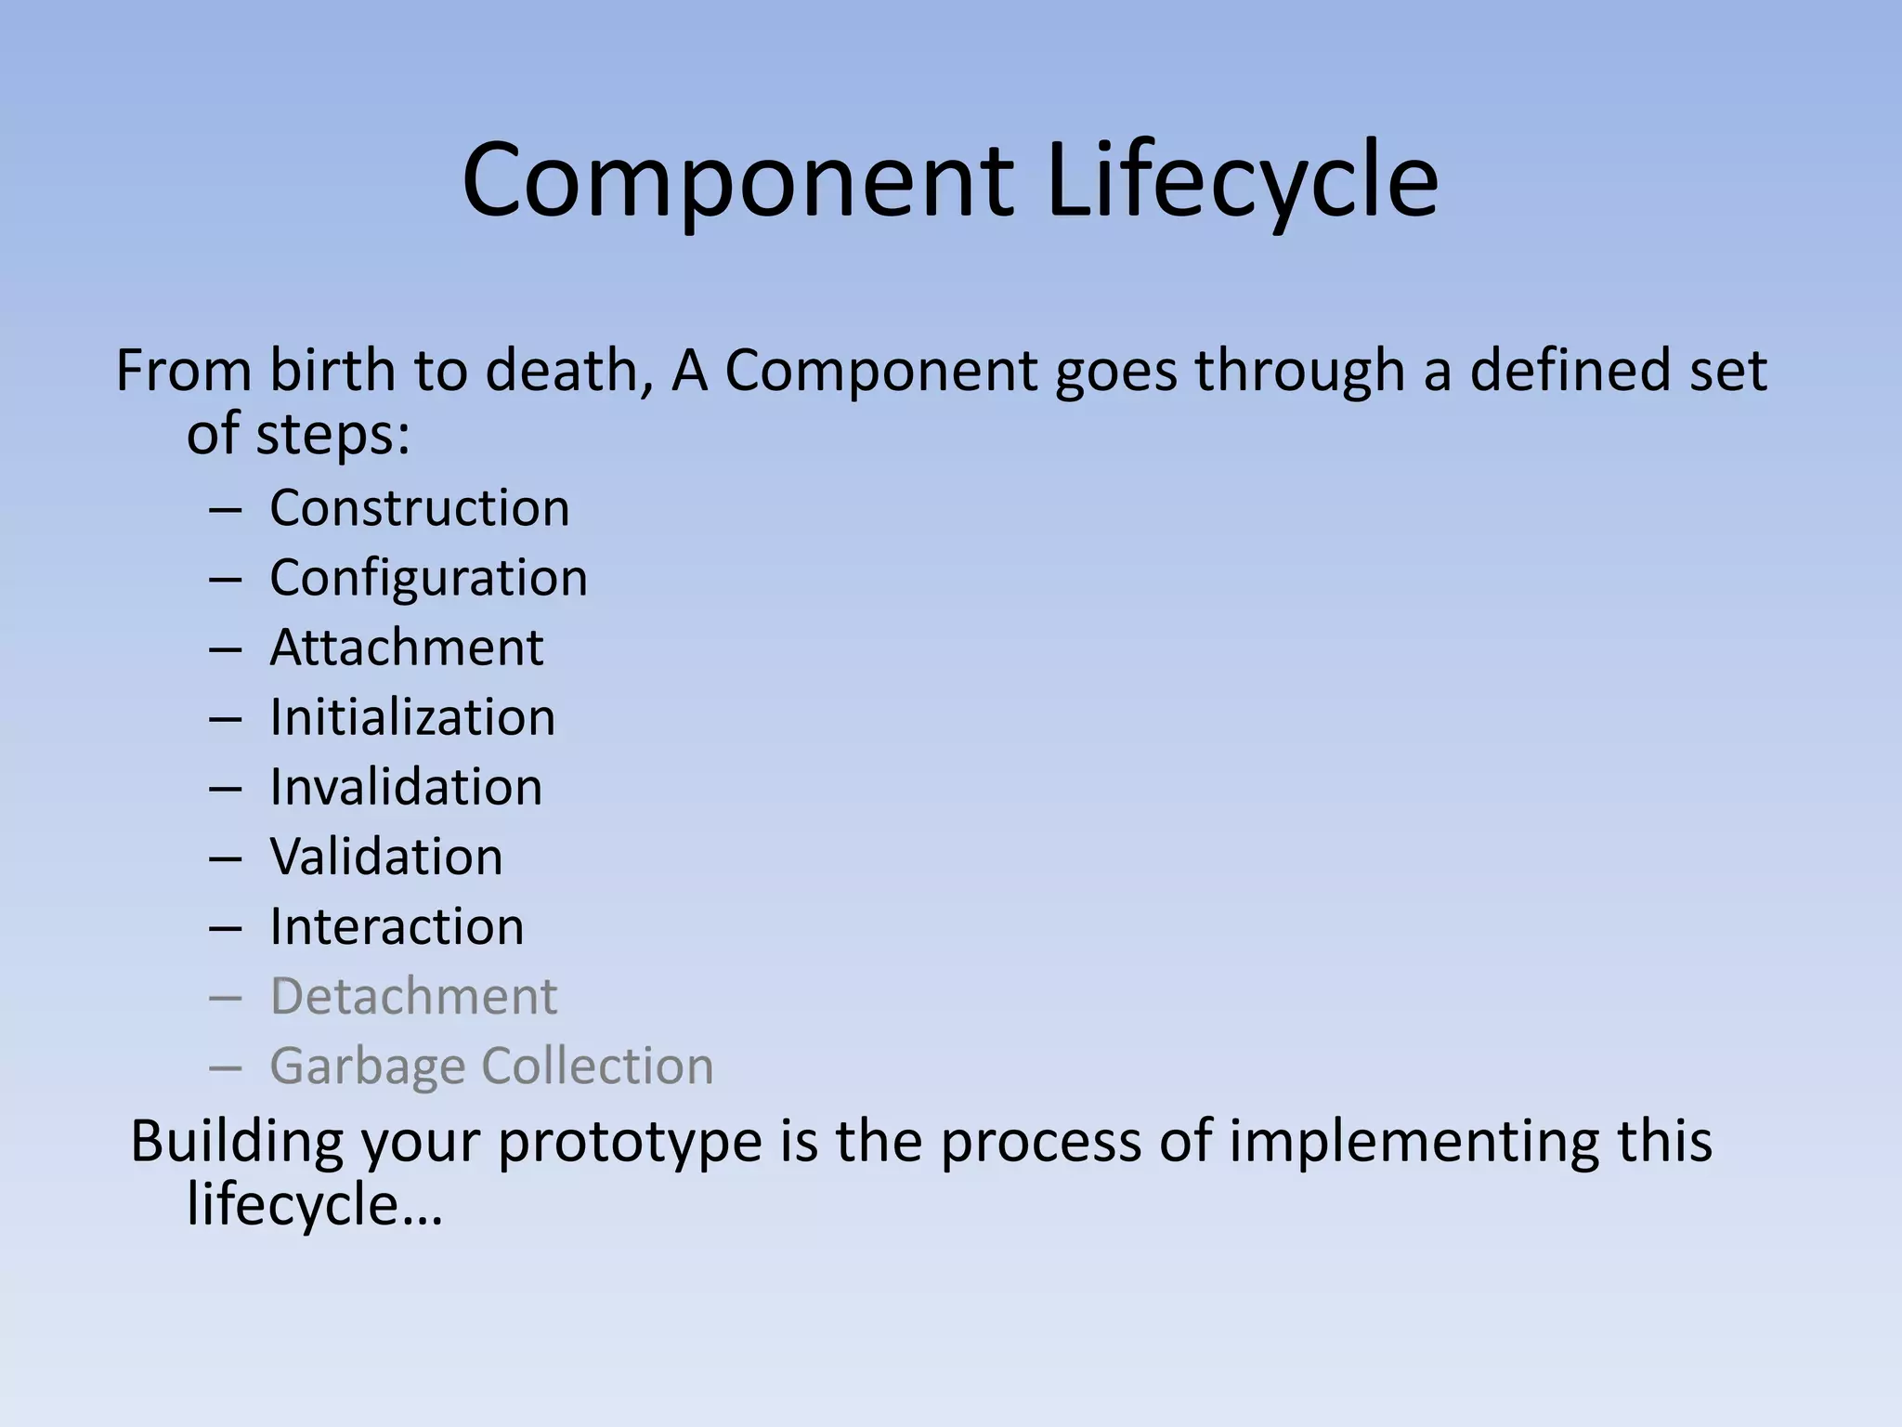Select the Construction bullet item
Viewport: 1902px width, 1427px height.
pyautogui.click(x=420, y=508)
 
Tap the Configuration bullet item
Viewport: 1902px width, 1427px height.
pyautogui.click(x=428, y=578)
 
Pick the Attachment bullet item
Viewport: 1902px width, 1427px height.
pyautogui.click(x=406, y=648)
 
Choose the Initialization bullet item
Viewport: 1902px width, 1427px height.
pyautogui.click(x=412, y=717)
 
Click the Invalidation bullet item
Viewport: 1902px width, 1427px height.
pyautogui.click(x=406, y=787)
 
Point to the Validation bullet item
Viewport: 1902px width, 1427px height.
pyautogui.click(x=386, y=857)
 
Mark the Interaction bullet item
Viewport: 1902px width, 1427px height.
pyautogui.click(x=397, y=926)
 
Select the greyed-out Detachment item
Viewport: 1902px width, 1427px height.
pyautogui.click(x=413, y=996)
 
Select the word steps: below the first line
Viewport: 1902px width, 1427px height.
pyautogui.click(x=332, y=434)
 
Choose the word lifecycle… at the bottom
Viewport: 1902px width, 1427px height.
pyautogui.click(x=314, y=1205)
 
